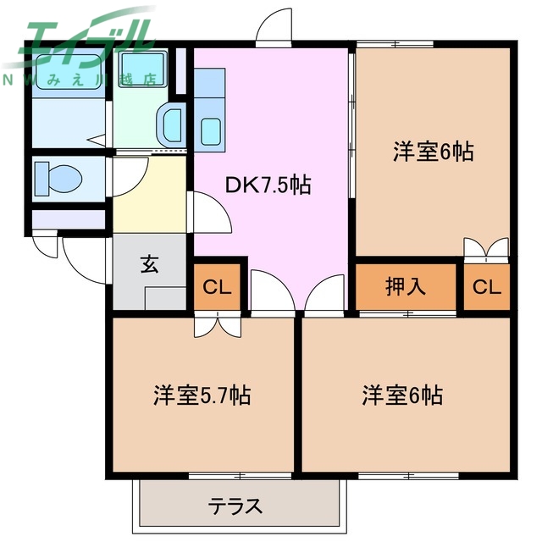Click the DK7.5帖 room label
coord(267,185)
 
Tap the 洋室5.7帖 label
coord(202,395)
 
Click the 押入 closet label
coord(405,286)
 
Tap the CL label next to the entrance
coord(218,287)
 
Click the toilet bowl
coord(59,179)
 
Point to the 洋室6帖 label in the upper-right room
coord(432,152)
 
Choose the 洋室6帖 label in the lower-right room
coord(403,395)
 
